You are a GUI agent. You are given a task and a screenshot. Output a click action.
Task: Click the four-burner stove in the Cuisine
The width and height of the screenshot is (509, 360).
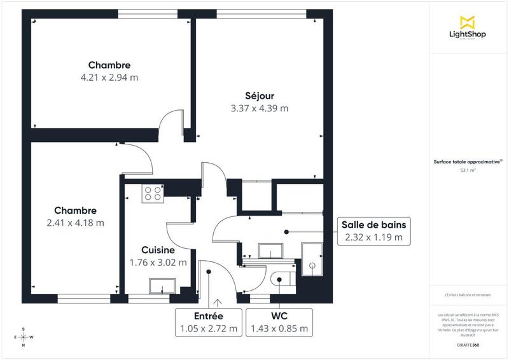click(153, 193)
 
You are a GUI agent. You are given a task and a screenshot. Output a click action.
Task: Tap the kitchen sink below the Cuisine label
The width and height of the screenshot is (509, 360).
click(159, 287)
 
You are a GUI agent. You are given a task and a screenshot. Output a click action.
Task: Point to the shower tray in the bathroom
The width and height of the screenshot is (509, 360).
click(312, 260)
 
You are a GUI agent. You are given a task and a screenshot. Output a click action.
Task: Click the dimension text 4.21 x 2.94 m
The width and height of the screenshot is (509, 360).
click(109, 78)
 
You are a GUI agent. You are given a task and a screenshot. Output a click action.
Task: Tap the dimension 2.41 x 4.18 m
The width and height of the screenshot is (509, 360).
click(75, 223)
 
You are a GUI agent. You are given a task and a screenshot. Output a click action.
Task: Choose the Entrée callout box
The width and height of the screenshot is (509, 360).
click(208, 322)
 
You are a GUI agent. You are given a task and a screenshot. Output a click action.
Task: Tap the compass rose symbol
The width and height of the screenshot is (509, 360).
click(24, 337)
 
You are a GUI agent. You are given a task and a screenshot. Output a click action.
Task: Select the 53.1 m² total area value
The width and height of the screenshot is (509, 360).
click(468, 170)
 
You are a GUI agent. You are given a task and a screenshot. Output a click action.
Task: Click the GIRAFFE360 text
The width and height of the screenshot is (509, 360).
click(468, 344)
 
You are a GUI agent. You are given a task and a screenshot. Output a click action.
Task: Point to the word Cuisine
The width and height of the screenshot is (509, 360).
click(157, 251)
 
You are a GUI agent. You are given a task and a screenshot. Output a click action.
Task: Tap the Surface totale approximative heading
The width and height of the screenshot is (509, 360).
click(468, 162)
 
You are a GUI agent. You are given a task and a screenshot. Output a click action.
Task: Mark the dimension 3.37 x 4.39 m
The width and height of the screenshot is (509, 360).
click(259, 108)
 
